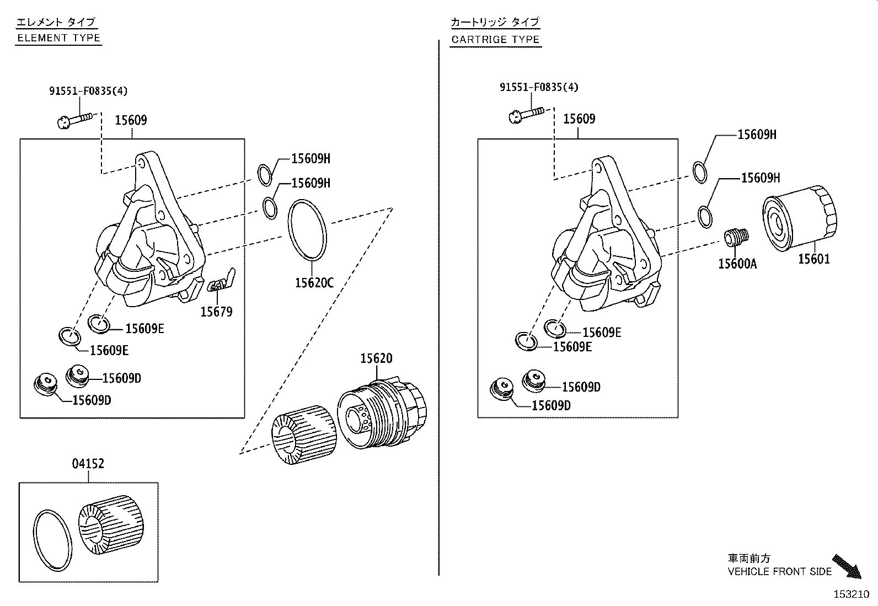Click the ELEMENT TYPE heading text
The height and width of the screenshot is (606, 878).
58,38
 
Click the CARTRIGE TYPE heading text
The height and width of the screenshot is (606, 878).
495,40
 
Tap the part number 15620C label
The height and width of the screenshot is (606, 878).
314,283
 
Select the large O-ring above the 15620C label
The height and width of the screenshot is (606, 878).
308,230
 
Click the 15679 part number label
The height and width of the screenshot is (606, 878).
216,312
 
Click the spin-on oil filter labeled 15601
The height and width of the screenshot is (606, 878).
799,219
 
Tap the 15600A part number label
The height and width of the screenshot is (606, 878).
737,264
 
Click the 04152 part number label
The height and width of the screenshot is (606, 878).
88,464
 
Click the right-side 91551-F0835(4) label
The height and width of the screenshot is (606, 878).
539,87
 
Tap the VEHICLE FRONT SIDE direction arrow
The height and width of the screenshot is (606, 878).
846,566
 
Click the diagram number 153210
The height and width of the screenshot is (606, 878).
851,594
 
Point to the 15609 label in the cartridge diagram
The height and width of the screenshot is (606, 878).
579,119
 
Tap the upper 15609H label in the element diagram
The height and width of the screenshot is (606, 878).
310,159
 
